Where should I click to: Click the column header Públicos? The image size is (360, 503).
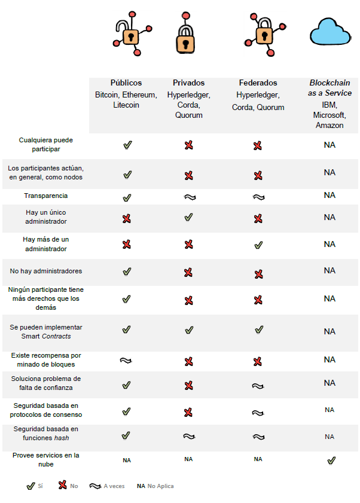(x=126, y=83)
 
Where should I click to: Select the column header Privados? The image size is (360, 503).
(x=188, y=83)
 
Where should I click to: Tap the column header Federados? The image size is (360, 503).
(x=258, y=83)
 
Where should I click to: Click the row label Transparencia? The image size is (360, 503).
(x=46, y=196)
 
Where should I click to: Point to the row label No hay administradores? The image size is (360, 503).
(x=46, y=271)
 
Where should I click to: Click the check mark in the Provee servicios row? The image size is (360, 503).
(x=331, y=460)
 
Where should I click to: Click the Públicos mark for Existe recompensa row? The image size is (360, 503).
(x=126, y=361)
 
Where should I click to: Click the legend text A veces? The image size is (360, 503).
(x=114, y=486)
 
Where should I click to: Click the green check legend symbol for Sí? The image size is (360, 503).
(x=30, y=486)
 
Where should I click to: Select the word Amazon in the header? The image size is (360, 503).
(x=330, y=126)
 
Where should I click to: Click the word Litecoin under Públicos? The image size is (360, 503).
(x=126, y=105)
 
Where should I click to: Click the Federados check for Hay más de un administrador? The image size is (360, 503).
(x=258, y=245)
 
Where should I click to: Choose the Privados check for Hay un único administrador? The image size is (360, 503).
(x=189, y=218)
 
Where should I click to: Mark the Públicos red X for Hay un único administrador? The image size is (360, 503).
(x=126, y=219)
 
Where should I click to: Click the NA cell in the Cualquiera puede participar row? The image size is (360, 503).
(x=330, y=145)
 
